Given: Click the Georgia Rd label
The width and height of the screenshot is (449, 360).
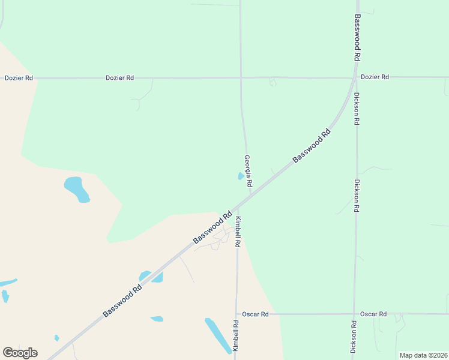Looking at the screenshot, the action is (247, 170).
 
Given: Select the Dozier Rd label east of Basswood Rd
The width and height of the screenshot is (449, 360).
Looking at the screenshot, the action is (375, 77).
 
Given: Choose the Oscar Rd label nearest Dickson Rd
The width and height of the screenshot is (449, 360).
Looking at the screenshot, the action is (373, 314).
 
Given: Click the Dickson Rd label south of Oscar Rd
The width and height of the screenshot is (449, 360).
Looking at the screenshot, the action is (354, 336).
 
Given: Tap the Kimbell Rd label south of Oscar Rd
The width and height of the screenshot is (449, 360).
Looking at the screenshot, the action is (236, 335).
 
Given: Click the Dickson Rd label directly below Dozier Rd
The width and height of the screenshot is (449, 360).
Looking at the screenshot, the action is (357, 108).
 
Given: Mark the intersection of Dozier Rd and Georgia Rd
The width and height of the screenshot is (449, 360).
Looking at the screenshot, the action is (241, 77).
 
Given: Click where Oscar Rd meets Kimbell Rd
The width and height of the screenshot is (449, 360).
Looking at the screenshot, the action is (237, 314).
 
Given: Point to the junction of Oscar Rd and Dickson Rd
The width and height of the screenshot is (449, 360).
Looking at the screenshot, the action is (354, 314).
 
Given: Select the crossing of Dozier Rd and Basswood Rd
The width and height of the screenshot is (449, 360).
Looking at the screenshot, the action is (352, 78).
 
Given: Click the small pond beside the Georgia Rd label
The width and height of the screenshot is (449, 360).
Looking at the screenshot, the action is (241, 176).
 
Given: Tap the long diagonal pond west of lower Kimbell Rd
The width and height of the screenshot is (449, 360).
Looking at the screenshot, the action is (217, 335).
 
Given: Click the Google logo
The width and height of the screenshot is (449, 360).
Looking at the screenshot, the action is (20, 353).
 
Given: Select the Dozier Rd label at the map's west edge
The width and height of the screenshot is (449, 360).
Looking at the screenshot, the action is (18, 78).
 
